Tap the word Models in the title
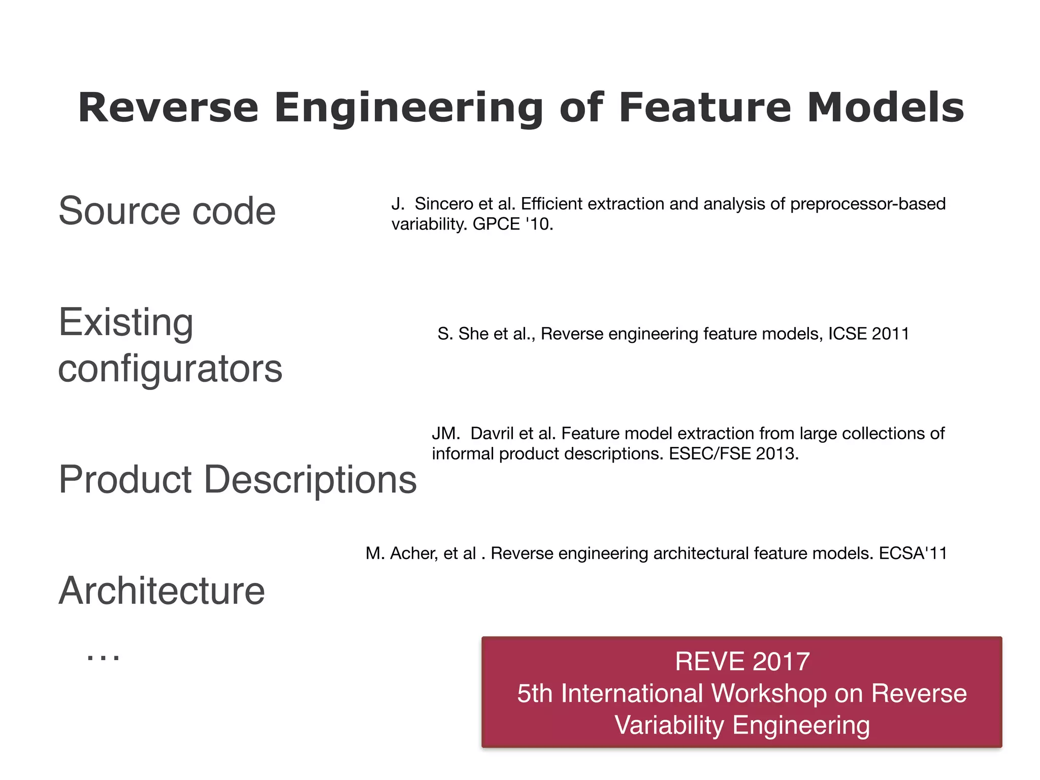pos(885,108)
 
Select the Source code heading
pos(167,211)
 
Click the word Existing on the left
pos(126,322)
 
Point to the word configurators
pos(170,369)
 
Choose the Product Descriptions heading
pos(237,479)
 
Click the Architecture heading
pos(161,591)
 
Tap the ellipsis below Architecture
pos(103,656)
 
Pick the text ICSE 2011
pos(868,334)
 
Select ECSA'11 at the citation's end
pos(913,553)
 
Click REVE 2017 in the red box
pos(742,662)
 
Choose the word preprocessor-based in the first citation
pos(868,204)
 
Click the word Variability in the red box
pos(669,725)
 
